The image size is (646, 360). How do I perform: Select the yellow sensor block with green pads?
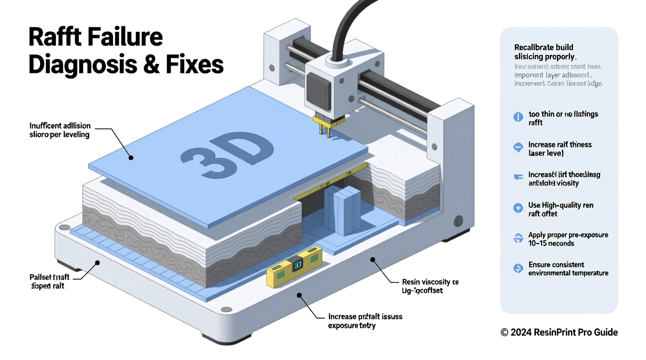294,267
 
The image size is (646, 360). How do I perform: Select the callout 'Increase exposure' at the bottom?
365,321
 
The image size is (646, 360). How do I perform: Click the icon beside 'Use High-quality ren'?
518,208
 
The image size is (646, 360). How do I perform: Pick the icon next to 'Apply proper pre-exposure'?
518,238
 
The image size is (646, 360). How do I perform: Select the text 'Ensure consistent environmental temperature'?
568,268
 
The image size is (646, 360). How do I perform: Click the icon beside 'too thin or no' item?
518,117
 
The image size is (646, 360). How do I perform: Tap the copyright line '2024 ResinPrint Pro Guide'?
559,332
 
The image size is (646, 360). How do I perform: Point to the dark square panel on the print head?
318,92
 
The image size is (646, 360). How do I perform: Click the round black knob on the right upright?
458,221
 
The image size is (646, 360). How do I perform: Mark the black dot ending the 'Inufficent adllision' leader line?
131,157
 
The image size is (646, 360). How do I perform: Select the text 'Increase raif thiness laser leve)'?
559,149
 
